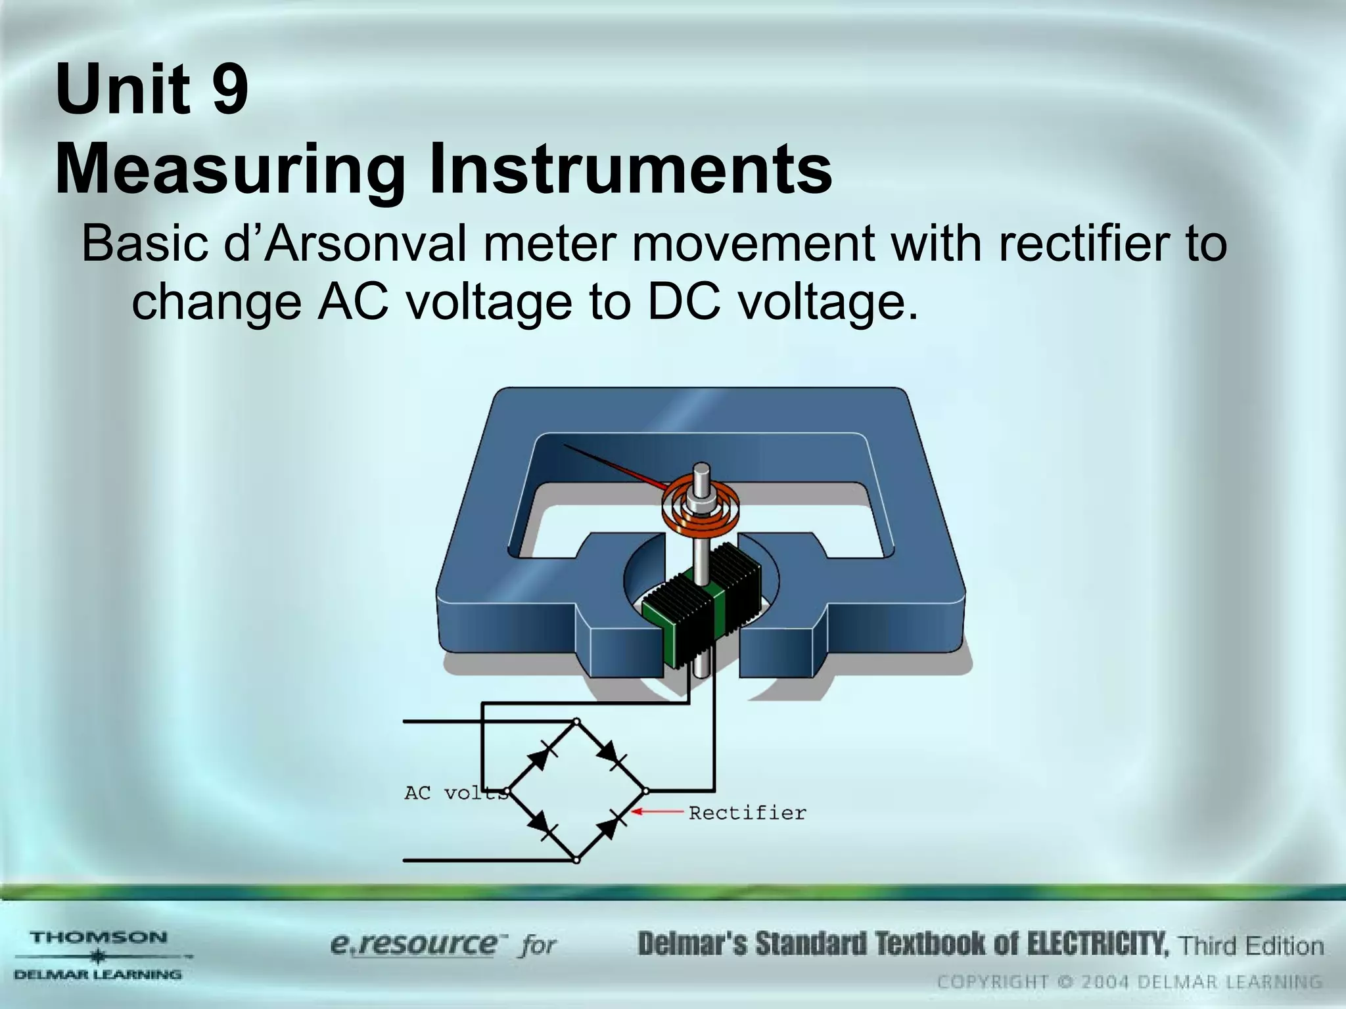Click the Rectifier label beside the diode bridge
[x=747, y=813]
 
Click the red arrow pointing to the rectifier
[x=657, y=812]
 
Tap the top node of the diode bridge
[x=576, y=722]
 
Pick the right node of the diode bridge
[x=646, y=791]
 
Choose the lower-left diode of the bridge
[x=542, y=824]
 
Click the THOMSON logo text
[x=99, y=937]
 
